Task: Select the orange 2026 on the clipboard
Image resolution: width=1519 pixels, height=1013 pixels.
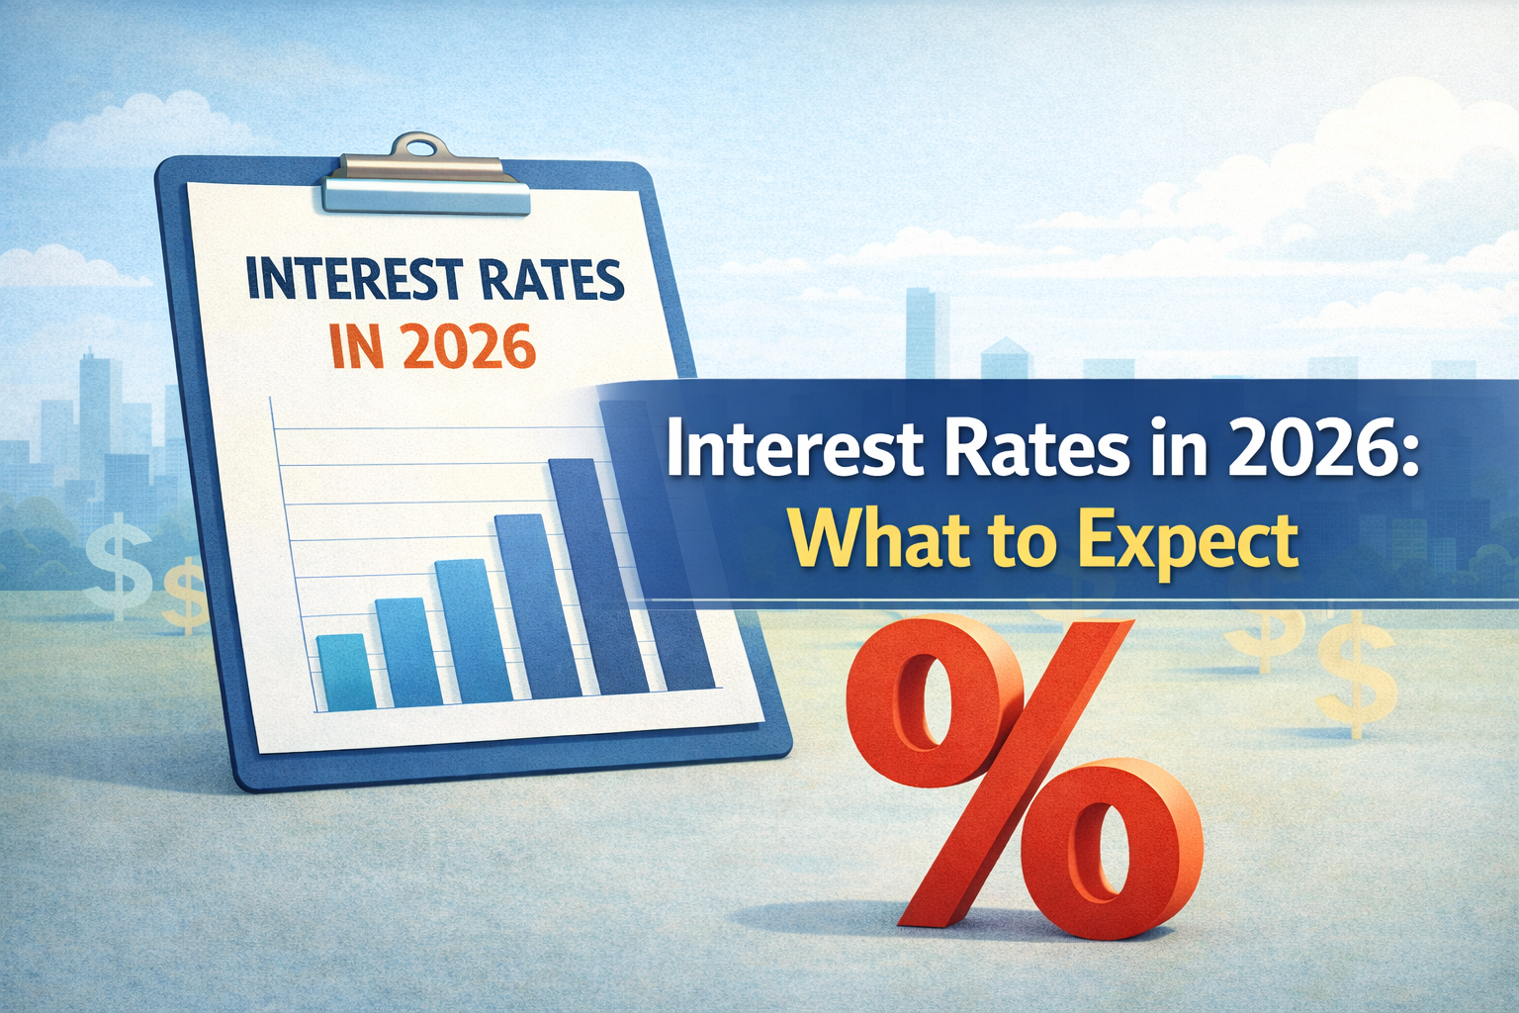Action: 463,346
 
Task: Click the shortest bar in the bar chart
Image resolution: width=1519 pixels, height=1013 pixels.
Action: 347,672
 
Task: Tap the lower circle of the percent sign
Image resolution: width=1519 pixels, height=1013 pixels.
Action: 1114,848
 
